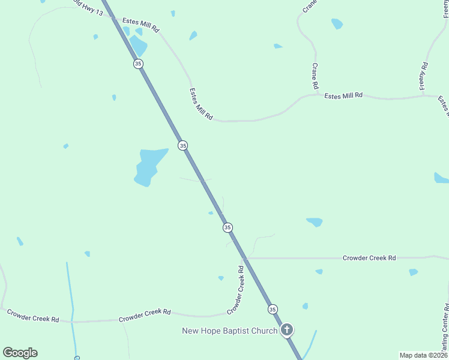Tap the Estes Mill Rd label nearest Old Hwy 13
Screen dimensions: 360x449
pyautogui.click(x=141, y=25)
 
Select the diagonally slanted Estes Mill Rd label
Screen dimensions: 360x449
pyautogui.click(x=201, y=104)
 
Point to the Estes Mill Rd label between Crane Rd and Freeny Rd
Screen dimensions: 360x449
pyautogui.click(x=343, y=95)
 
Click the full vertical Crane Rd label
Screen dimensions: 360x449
pyautogui.click(x=315, y=76)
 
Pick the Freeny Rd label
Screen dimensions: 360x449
pyautogui.click(x=424, y=76)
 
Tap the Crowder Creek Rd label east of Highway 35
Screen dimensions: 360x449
pyautogui.click(x=369, y=257)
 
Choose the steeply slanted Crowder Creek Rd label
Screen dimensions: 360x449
pyautogui.click(x=235, y=290)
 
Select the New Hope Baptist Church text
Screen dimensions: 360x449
pyautogui.click(x=230, y=331)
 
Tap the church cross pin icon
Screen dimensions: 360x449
pyautogui.click(x=288, y=329)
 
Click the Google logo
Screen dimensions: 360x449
pyautogui.click(x=20, y=353)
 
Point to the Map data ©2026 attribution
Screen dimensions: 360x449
pyautogui.click(x=423, y=355)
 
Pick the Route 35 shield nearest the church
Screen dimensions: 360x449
pyautogui.click(x=273, y=309)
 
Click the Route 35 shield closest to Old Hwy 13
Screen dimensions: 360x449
pyautogui.click(x=138, y=64)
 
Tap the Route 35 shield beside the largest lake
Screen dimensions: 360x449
pyautogui.click(x=182, y=145)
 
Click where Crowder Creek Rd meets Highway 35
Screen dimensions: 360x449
pyautogui.click(x=246, y=258)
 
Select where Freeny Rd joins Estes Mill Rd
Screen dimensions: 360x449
pyautogui.click(x=423, y=95)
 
